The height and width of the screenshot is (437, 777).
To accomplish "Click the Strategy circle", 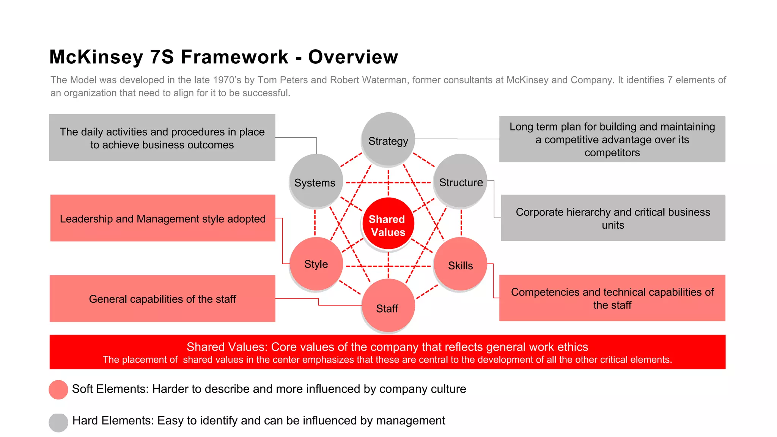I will click(388, 139).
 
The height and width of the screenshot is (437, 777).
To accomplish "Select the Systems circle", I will click(316, 181).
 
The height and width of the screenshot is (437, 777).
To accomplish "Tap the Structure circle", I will click(460, 181).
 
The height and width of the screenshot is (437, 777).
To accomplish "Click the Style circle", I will click(316, 264).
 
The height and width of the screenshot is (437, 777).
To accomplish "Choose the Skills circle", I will click(460, 264).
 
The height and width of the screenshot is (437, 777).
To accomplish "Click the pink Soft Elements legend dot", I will click(58, 390).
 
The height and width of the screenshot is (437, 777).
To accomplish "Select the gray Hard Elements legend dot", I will click(58, 422).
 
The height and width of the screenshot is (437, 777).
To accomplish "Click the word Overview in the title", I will click(353, 57).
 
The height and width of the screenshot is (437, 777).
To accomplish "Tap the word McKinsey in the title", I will click(96, 57).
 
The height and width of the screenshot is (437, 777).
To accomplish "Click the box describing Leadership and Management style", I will click(163, 218).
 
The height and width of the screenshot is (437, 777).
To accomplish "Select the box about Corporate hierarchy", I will click(613, 218).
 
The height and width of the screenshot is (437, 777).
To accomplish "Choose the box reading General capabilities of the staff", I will click(162, 299).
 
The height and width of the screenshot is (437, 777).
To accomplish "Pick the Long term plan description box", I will click(612, 139).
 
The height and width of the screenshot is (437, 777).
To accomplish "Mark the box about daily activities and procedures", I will click(162, 138).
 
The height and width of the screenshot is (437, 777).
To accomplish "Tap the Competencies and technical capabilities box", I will click(612, 298).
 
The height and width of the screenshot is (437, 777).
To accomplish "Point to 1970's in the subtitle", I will click(227, 80).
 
